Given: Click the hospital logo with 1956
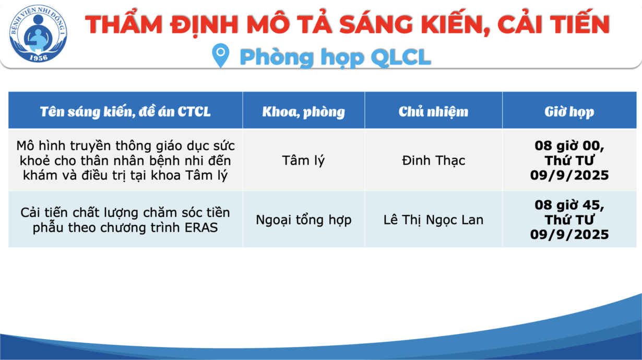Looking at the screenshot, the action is [x=38, y=33].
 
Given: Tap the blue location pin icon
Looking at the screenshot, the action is [x=220, y=55].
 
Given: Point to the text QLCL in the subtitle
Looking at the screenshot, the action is [x=401, y=57].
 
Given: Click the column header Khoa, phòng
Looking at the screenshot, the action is [x=304, y=112].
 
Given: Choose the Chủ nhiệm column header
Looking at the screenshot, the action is [x=433, y=112].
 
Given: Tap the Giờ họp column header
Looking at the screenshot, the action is [x=569, y=112].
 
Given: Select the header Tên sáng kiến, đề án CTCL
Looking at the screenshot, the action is [x=125, y=112].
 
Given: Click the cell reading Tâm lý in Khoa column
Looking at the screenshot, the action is [x=304, y=160].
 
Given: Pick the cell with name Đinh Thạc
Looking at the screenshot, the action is [x=433, y=160].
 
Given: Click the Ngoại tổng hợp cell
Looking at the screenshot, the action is [x=304, y=220].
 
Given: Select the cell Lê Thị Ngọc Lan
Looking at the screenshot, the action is [x=433, y=220].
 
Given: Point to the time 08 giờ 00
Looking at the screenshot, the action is [x=569, y=146].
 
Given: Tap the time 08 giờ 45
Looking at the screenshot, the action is [x=569, y=205].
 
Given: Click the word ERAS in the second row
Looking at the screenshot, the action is [x=201, y=227].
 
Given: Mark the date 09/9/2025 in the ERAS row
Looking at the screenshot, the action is [x=569, y=235].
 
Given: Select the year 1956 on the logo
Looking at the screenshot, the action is [x=39, y=58].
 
